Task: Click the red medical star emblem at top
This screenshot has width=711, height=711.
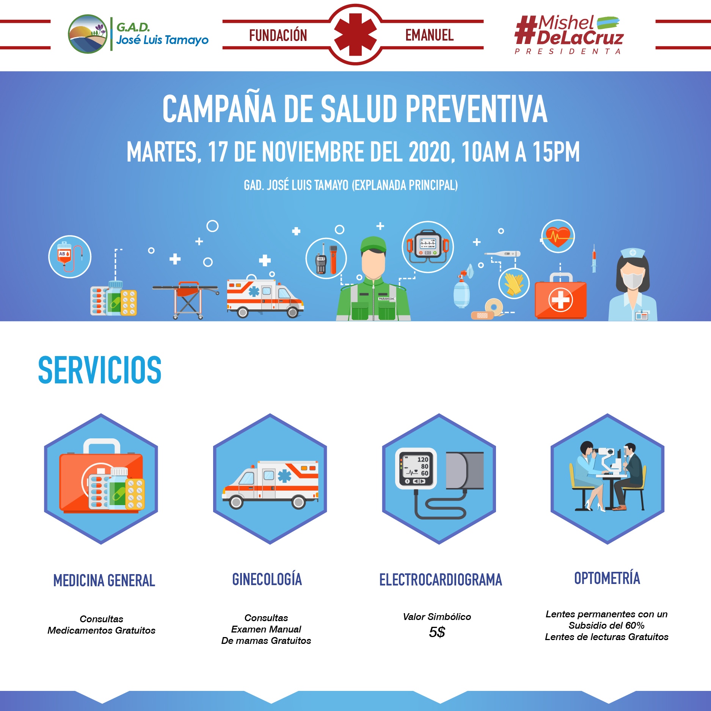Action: click(x=355, y=35)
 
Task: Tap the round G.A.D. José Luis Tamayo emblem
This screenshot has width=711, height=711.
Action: click(x=88, y=34)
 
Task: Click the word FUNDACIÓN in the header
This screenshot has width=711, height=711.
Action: click(x=278, y=35)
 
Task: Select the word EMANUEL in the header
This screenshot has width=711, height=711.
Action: click(x=429, y=35)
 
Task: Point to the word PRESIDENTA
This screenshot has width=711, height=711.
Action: click(x=567, y=51)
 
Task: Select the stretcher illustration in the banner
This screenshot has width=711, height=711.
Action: click(x=186, y=300)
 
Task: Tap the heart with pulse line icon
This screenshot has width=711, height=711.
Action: click(x=558, y=236)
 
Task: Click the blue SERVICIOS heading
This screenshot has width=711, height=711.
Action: click(x=100, y=370)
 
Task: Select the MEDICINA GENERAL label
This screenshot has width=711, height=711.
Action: click(x=104, y=581)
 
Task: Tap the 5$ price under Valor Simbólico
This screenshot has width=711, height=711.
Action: click(x=437, y=632)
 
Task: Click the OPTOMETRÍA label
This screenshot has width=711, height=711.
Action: click(x=607, y=578)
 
